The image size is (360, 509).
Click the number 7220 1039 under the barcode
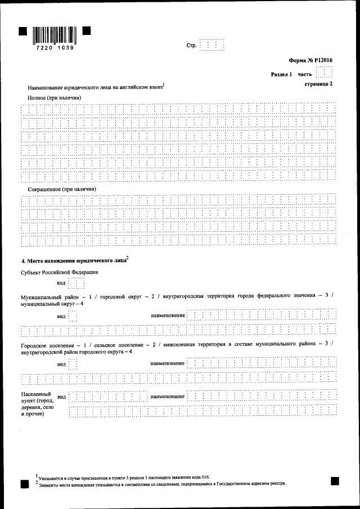[54, 49]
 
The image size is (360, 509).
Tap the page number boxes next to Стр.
[212, 45]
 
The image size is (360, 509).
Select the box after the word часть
[325, 73]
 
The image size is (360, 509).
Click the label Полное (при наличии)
[55, 98]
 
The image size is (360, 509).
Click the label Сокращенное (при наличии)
[62, 190]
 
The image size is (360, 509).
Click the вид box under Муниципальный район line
[73, 316]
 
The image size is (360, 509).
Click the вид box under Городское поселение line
[73, 364]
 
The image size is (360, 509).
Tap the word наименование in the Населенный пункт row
[168, 397]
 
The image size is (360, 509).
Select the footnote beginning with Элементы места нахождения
[160, 483]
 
